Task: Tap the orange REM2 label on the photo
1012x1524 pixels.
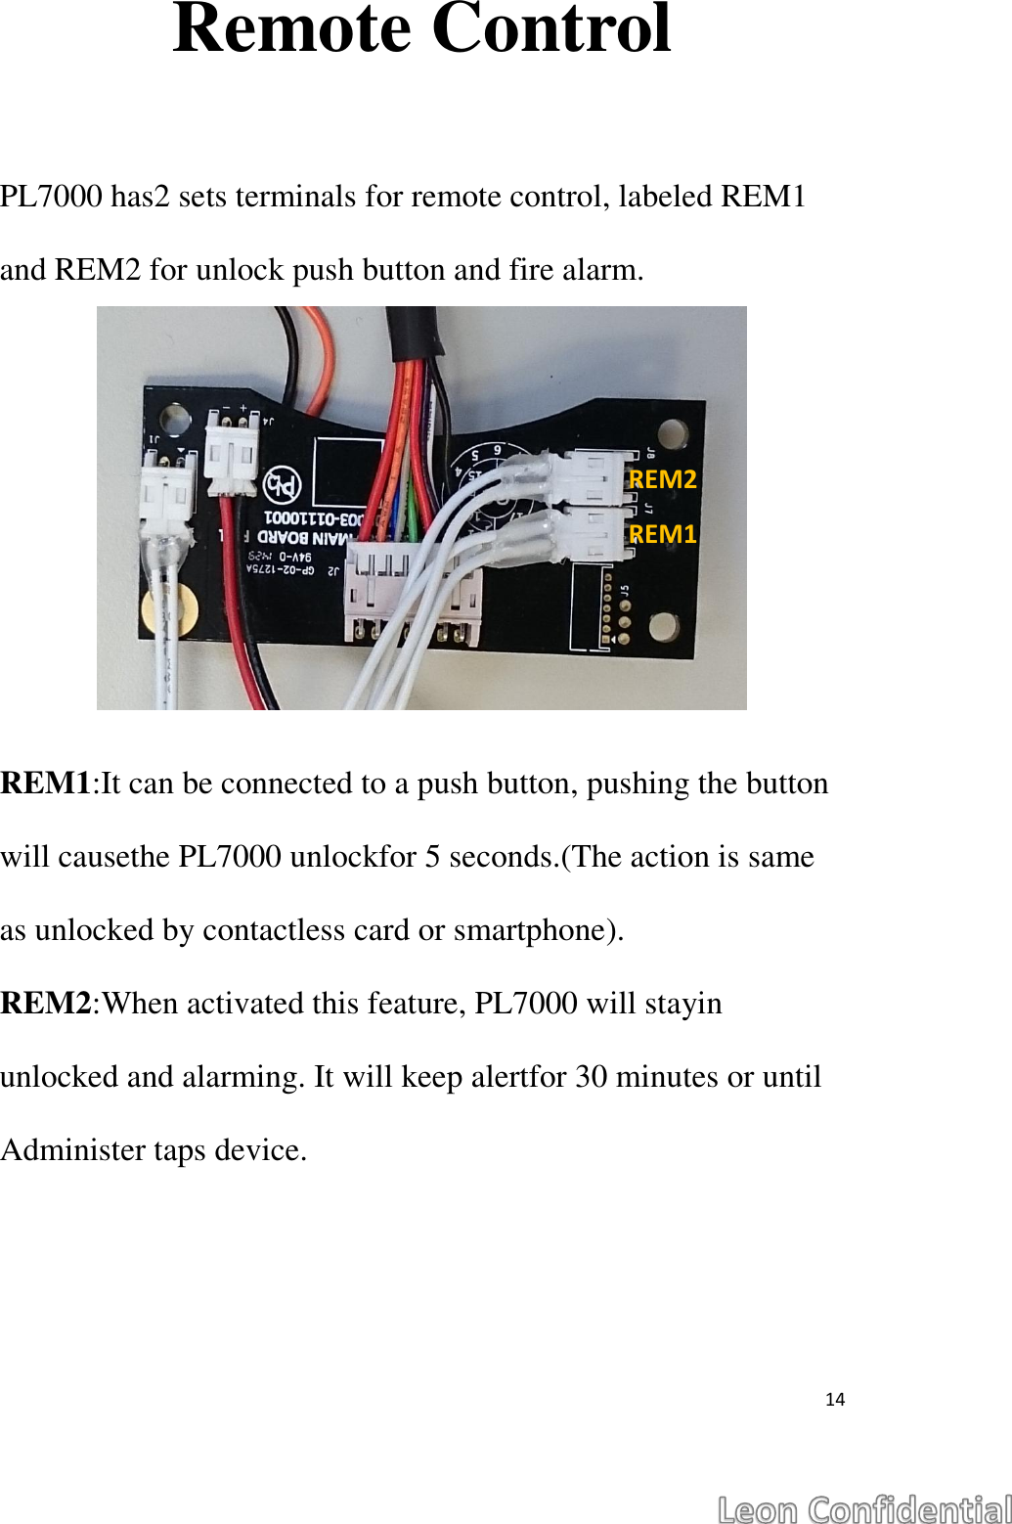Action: pyautogui.click(x=663, y=479)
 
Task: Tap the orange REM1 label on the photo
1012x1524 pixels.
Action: pyautogui.click(x=663, y=534)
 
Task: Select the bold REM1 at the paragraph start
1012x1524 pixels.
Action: pyautogui.click(x=46, y=784)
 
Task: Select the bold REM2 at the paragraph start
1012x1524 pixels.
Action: pyautogui.click(x=46, y=1004)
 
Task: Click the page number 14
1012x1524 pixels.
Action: pyautogui.click(x=835, y=1400)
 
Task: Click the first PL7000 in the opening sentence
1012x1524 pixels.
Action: pyautogui.click(x=52, y=197)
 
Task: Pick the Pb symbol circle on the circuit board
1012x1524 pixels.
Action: pyautogui.click(x=283, y=484)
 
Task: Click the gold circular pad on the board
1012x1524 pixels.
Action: pyautogui.click(x=169, y=611)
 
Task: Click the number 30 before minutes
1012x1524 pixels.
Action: pyautogui.click(x=592, y=1077)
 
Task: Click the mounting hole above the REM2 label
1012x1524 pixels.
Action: pyautogui.click(x=673, y=432)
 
